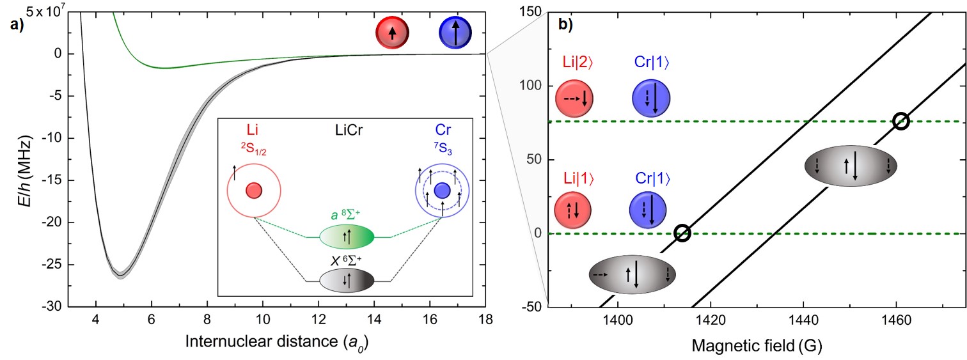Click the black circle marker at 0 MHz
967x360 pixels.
pos(682,233)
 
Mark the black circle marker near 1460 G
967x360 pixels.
pos(900,121)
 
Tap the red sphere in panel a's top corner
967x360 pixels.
pos(393,34)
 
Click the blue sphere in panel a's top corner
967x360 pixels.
pos(456,34)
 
